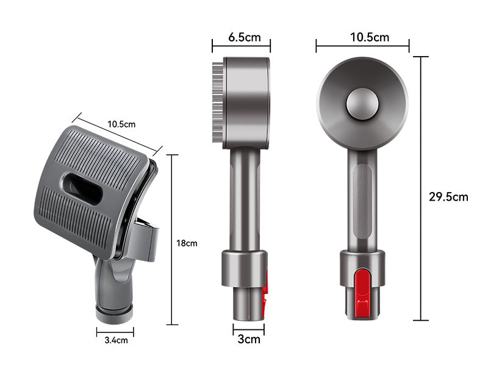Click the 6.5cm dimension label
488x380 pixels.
coord(245,37)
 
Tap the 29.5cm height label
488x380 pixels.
coord(448,196)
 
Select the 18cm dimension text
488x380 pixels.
coord(187,243)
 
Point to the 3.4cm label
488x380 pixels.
coord(116,340)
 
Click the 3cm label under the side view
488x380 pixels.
coord(249,339)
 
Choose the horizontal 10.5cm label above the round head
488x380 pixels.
coord(370,37)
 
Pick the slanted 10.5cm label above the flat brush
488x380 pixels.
coord(121,124)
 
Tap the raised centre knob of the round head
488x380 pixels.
coord(362,104)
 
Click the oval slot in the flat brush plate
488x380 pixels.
coord(83,189)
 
